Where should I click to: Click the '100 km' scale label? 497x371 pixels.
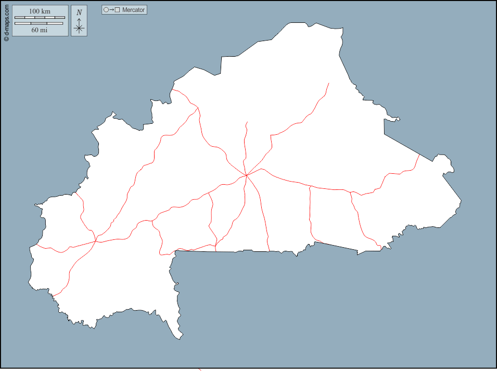[40, 11]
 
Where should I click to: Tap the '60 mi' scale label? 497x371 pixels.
[40, 30]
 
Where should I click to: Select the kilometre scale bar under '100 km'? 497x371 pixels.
[40, 18]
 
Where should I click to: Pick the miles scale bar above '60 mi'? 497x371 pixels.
[39, 23]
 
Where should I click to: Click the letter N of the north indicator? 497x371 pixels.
[79, 12]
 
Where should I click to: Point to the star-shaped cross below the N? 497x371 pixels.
[79, 28]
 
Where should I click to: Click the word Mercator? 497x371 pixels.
[134, 10]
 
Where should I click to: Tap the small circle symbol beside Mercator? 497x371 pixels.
[106, 10]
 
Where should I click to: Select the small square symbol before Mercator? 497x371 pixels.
[118, 10]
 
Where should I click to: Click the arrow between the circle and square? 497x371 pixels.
[112, 10]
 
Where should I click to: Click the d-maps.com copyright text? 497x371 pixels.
[6, 19]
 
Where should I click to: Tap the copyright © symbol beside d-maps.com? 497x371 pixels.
[6, 38]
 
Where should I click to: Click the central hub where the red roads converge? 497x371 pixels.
[246, 175]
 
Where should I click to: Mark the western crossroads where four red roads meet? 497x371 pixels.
[96, 241]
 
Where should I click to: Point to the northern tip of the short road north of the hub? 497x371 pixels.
[247, 122]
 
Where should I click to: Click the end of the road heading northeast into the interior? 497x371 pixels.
[329, 83]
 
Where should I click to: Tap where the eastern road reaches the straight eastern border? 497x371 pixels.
[419, 155]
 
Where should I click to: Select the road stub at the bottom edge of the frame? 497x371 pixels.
[200, 369]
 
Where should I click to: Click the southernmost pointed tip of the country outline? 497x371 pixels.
[180, 339]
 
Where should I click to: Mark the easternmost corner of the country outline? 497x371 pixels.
[461, 200]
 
